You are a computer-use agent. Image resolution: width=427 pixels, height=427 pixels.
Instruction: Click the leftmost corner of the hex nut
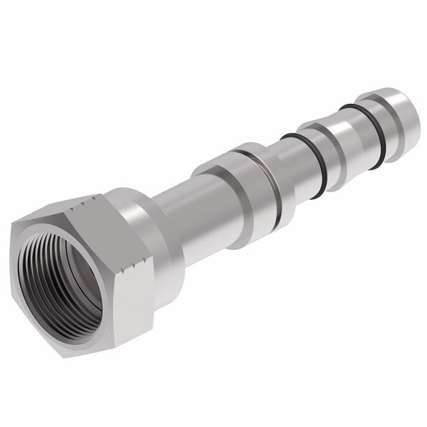[12, 235]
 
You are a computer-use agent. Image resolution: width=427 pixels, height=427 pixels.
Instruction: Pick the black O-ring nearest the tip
[359, 125]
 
